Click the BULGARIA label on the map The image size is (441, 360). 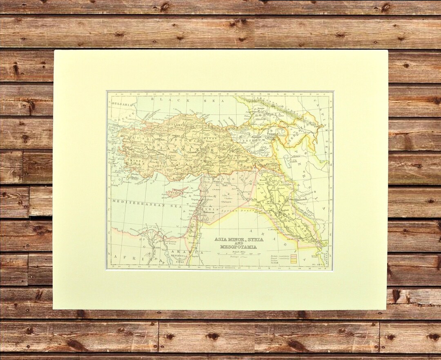click(x=123, y=104)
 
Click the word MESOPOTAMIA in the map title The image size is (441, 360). click(x=238, y=247)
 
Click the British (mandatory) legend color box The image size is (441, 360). click(x=293, y=256)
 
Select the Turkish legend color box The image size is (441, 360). click(x=293, y=263)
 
